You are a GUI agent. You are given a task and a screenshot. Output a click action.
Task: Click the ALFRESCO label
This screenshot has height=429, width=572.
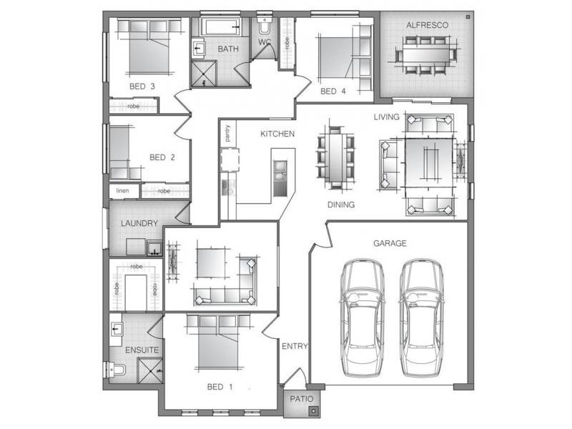427,25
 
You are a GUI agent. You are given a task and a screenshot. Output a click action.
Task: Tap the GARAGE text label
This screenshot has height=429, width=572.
390,243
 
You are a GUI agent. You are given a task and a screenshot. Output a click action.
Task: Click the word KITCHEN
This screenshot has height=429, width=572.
277,134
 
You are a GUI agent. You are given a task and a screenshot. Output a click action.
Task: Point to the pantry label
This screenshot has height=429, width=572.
227,135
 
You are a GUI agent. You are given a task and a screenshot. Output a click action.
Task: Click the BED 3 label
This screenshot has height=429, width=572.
142,87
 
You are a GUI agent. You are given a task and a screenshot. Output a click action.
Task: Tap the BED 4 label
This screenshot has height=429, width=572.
333,92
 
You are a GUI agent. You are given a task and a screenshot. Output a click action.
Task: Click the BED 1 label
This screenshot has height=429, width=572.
220,387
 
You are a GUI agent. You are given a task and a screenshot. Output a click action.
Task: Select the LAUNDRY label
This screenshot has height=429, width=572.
139,223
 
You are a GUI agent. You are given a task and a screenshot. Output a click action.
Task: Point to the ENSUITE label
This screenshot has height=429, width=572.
142,350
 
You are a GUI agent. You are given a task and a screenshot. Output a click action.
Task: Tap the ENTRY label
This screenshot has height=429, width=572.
295,346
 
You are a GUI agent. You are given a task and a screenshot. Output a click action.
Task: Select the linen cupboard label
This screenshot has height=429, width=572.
123,191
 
